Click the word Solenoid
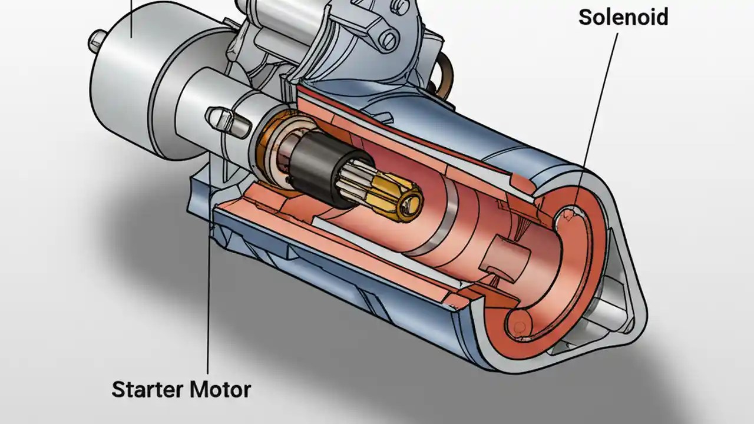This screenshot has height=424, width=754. click(x=623, y=17)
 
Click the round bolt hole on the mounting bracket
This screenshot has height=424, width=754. click(x=388, y=39)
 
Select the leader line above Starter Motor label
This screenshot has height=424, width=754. click(x=208, y=294)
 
